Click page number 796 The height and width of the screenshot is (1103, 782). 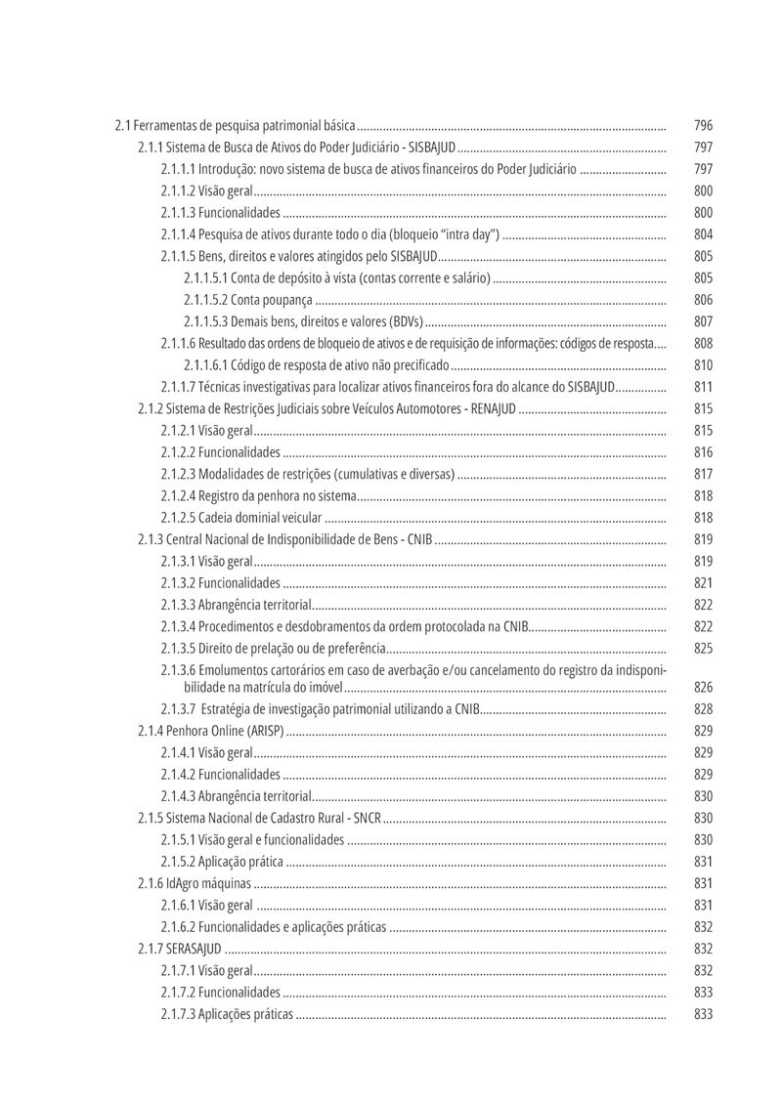(703, 126)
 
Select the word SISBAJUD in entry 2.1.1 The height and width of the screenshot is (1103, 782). (431, 148)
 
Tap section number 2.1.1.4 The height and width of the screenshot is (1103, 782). (178, 234)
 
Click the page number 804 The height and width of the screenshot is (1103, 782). (703, 234)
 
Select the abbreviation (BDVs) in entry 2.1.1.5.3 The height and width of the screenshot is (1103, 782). (406, 321)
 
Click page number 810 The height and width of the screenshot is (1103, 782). (703, 365)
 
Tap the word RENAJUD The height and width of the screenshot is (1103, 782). (493, 408)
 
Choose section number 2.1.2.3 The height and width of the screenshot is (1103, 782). (178, 474)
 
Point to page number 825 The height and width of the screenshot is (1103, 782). (703, 649)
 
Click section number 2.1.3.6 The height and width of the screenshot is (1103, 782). (178, 670)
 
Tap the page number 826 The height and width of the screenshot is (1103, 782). (703, 688)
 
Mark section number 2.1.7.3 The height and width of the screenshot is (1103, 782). (178, 1014)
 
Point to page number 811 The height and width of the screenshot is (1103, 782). (703, 387)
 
